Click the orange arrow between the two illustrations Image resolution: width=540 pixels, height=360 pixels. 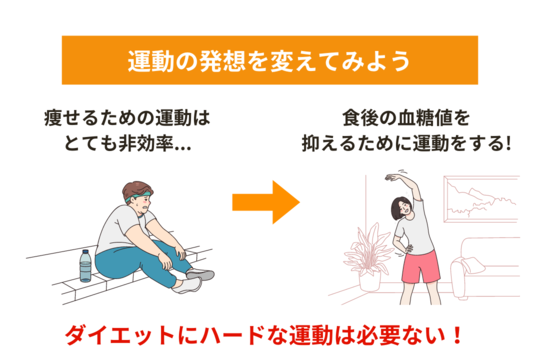click(x=266, y=202)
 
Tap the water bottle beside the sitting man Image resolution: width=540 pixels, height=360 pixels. click(x=85, y=266)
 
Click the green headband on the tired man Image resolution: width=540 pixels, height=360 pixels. click(x=138, y=197)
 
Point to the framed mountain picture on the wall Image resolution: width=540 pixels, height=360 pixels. click(x=481, y=199)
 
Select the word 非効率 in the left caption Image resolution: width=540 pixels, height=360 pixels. click(x=146, y=143)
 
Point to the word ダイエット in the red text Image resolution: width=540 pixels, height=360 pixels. click(x=120, y=335)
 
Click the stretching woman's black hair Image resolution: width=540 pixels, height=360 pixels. click(x=398, y=208)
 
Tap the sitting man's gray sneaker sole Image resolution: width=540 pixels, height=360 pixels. click(x=201, y=275)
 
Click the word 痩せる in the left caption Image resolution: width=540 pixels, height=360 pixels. click(x=72, y=118)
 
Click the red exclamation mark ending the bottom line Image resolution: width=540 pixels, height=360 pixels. click(x=457, y=335)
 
